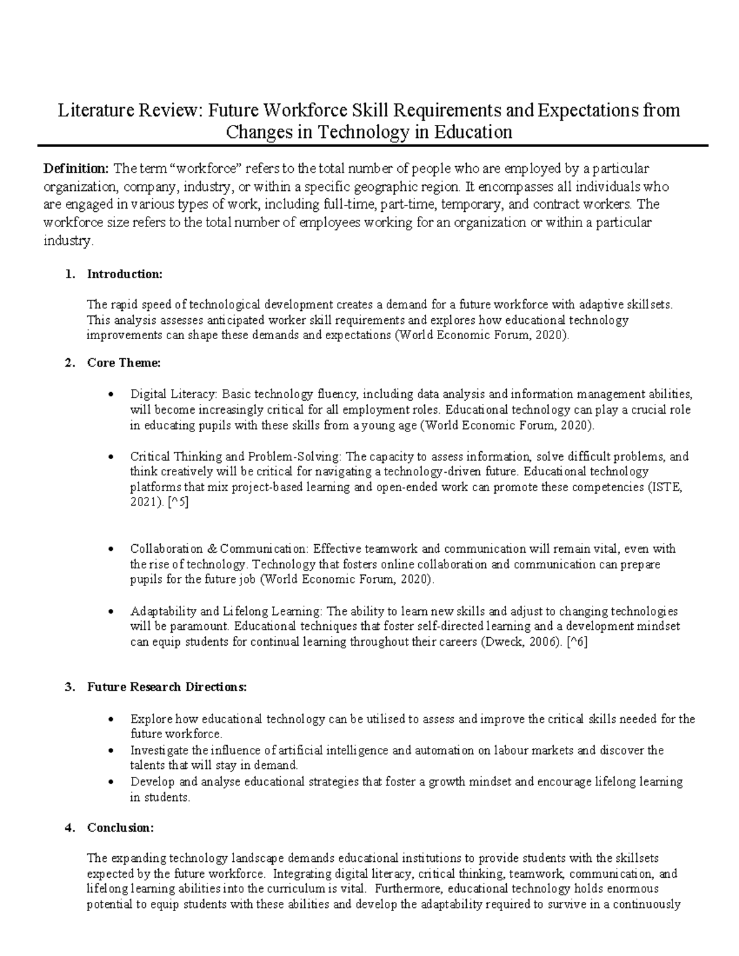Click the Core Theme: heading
coord(124,363)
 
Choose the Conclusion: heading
coord(121,828)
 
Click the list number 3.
coord(68,688)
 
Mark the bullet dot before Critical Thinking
coord(110,457)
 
